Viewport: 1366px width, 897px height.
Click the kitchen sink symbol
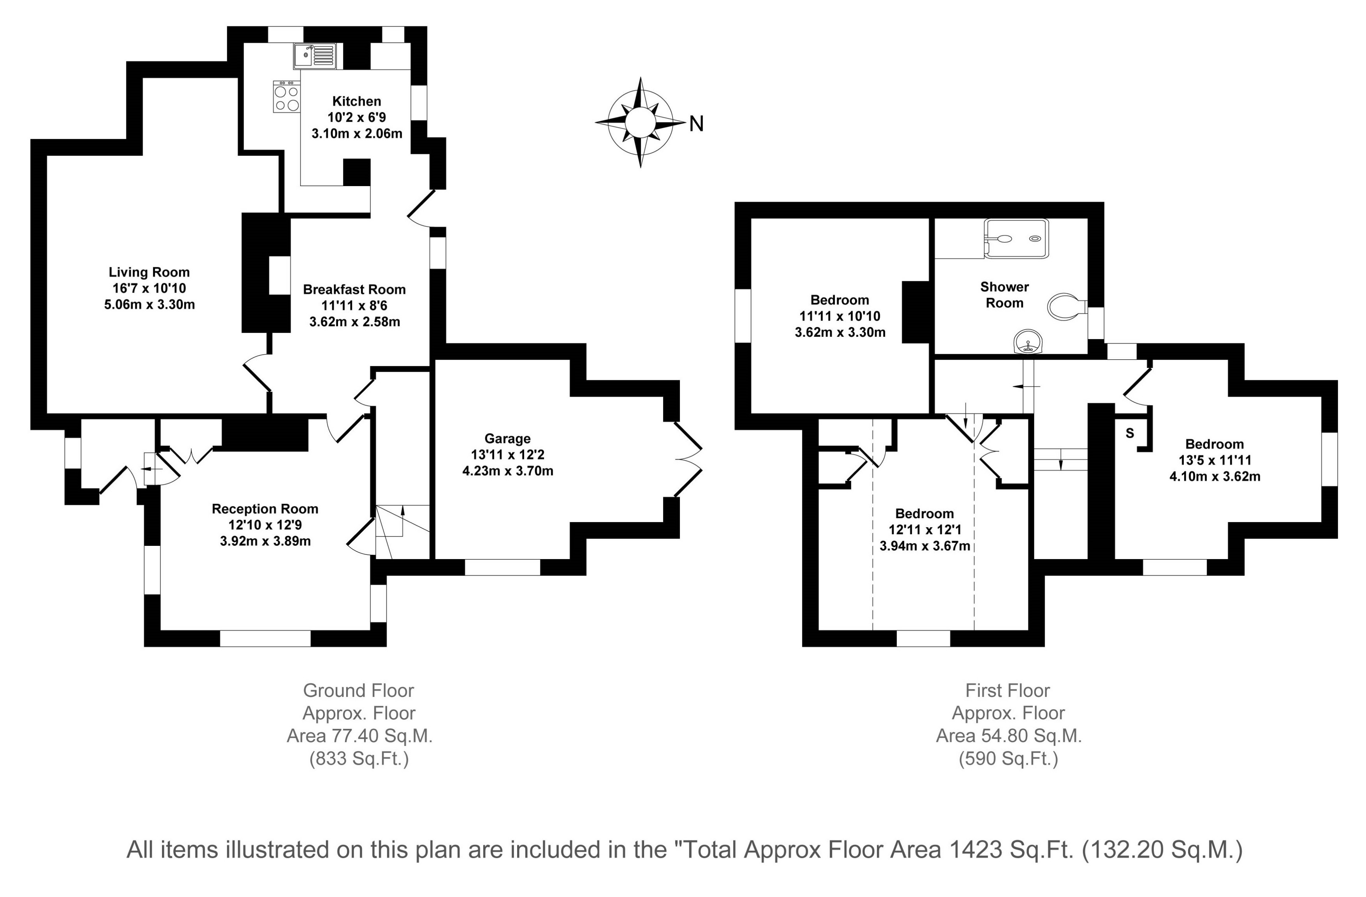(x=316, y=56)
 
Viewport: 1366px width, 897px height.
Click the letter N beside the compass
(x=696, y=123)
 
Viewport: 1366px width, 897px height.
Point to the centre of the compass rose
(x=640, y=122)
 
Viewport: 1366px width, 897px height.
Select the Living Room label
(x=149, y=272)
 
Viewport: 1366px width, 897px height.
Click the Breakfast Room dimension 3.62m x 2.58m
(x=355, y=321)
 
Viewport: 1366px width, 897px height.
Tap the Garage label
(x=507, y=439)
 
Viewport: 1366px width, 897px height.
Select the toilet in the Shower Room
(x=1067, y=307)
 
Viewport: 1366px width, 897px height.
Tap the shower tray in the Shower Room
(x=1016, y=238)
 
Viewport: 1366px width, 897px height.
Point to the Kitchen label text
(x=356, y=101)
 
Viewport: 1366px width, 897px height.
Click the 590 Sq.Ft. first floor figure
(x=1008, y=759)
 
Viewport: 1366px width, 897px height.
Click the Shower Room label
(x=1005, y=295)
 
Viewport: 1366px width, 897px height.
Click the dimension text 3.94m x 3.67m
(x=925, y=546)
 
